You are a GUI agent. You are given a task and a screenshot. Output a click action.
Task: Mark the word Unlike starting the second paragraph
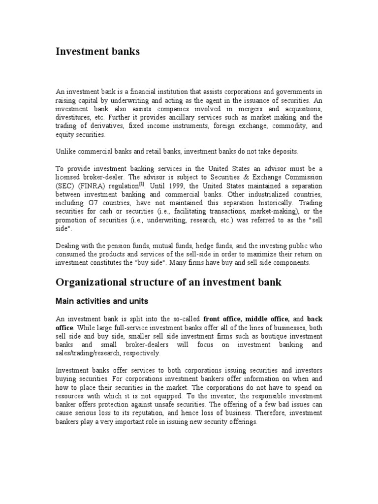point(66,152)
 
